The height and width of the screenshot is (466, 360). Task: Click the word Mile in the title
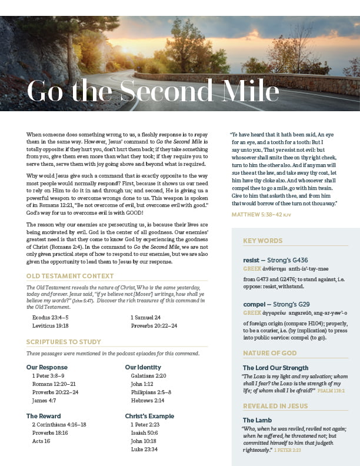click(248, 91)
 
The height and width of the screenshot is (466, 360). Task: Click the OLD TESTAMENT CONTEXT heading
click(70, 275)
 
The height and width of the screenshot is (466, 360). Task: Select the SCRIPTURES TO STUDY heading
click(64, 342)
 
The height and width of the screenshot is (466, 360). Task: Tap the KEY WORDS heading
click(262, 241)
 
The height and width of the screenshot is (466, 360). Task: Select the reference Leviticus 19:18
click(50, 325)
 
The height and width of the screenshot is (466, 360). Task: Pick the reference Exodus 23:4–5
click(50, 317)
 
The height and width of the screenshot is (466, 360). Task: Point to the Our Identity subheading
click(143, 368)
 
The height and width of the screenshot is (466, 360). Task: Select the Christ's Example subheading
click(149, 417)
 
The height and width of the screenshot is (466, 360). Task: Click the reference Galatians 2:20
click(148, 376)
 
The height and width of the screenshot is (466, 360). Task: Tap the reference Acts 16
click(41, 441)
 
